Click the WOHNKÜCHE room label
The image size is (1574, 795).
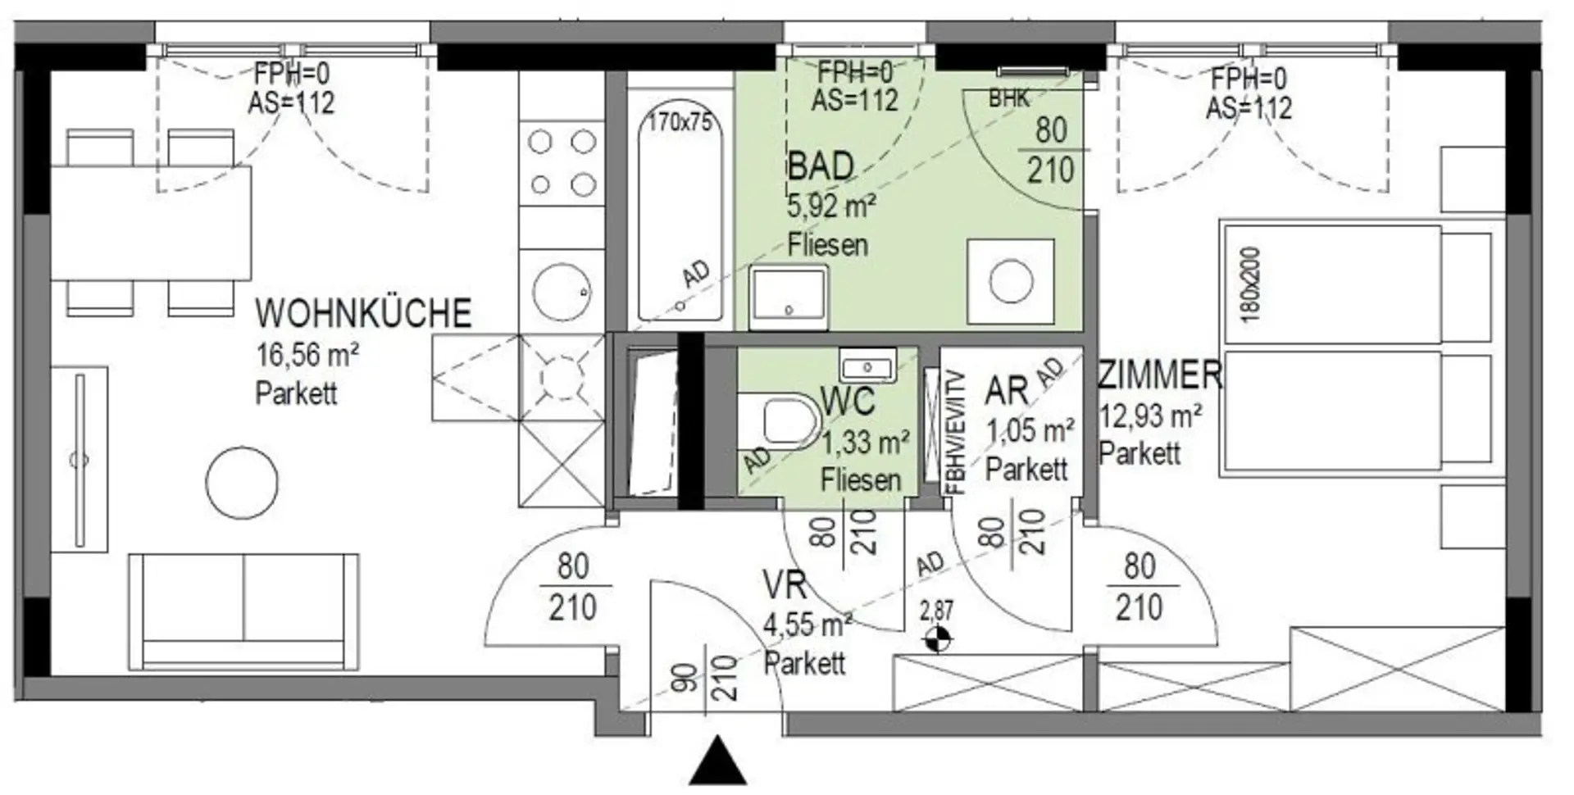[363, 313]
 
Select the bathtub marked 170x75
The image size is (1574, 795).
[680, 214]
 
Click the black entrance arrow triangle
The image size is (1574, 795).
[718, 761]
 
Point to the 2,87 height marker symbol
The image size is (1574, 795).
[936, 637]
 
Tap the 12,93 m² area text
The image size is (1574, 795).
[1150, 416]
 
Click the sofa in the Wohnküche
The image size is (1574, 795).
[243, 611]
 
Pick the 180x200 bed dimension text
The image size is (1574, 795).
[1251, 284]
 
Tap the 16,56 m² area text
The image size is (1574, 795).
[307, 356]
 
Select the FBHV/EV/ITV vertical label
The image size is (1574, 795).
[956, 433]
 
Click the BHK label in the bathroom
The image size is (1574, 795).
[1008, 99]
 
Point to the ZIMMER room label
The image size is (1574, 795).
[1160, 375]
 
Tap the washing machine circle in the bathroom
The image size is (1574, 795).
[1011, 281]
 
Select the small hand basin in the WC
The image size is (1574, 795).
[867, 365]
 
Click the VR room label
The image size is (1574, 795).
[785, 586]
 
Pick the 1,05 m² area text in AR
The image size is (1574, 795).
[1030, 430]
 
